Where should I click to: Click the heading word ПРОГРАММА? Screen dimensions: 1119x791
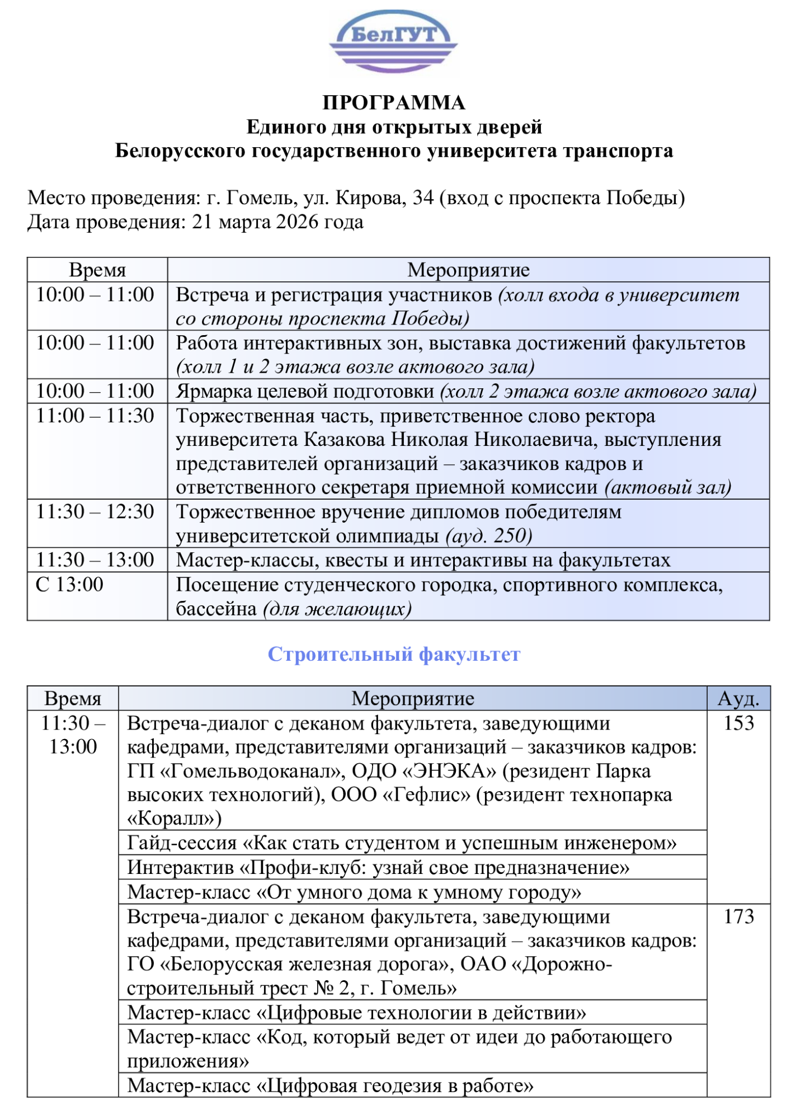[394, 103]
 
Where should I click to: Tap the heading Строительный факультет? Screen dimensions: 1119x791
[394, 654]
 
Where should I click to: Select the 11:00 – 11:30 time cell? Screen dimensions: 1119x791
[95, 416]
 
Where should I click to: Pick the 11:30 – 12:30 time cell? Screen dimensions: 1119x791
[95, 512]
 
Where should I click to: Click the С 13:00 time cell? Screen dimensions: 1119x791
[70, 585]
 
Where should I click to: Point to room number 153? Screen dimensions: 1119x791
[738, 723]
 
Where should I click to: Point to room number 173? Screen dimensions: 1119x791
[738, 917]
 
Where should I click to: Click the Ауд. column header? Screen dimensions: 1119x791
[738, 699]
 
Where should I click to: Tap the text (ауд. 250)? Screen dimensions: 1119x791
[488, 536]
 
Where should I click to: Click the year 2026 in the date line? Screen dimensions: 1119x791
[297, 222]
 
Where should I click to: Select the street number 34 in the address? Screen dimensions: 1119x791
[423, 198]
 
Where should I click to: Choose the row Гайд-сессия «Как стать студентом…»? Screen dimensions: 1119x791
[402, 843]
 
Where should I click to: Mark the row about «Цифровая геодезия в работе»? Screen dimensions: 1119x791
[330, 1086]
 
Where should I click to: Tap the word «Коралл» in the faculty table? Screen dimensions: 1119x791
[171, 819]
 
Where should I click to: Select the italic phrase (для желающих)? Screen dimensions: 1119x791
[337, 609]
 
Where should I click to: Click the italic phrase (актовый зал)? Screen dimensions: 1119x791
[668, 488]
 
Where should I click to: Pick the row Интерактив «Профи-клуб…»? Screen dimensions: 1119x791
[378, 868]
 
